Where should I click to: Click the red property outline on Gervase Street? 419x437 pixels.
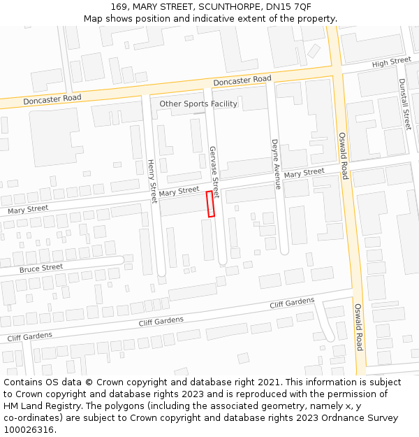click(210, 204)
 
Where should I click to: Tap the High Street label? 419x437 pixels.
click(392, 62)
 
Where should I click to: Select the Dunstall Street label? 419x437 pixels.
click(404, 103)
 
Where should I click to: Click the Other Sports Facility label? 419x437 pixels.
click(198, 104)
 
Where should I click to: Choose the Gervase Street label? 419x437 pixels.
click(214, 172)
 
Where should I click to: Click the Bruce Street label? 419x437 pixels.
click(41, 268)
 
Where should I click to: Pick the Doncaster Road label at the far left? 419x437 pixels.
click(52, 100)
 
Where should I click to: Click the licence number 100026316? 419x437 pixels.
click(29, 430)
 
